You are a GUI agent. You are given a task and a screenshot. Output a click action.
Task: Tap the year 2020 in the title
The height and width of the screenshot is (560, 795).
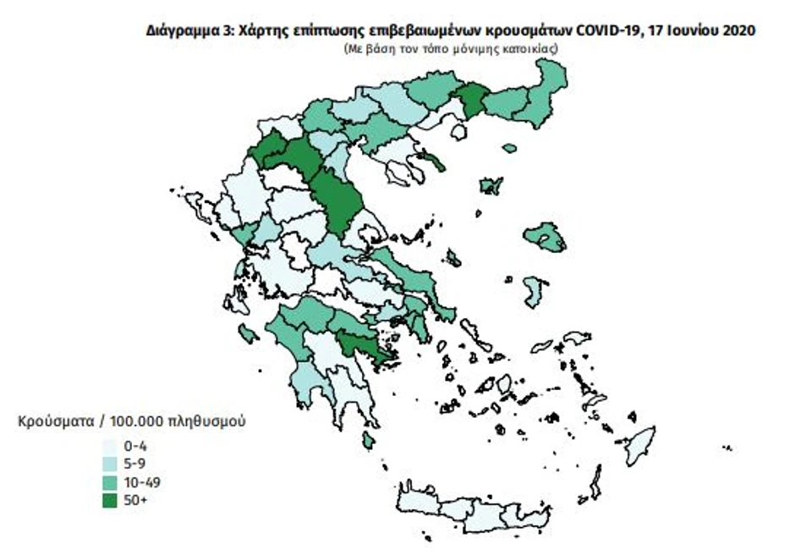735,30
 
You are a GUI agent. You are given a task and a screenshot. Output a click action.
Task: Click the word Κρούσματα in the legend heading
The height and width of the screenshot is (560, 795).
50,420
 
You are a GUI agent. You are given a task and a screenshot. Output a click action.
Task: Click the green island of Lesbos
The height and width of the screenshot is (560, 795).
546,238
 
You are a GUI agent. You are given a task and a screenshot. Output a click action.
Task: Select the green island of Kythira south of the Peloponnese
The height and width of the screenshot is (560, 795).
368,440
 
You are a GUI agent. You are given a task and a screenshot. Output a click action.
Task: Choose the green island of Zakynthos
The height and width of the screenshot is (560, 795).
249,336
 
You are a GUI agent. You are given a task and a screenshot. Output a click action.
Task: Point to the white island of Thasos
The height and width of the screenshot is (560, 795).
459,132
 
